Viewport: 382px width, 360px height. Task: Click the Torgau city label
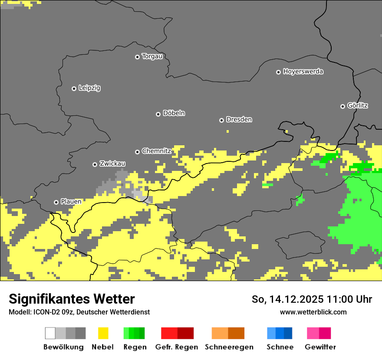152,56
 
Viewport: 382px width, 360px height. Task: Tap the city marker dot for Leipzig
74,88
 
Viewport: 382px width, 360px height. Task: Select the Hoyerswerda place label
303,72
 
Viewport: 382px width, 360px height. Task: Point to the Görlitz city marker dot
342,106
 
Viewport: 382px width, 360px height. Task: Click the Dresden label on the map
239,119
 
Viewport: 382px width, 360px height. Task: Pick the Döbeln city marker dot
158,114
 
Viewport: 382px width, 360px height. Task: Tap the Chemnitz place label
156,151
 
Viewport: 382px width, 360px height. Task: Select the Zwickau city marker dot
95,164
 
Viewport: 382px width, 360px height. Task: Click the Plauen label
71,202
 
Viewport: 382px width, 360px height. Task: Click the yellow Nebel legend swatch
103,333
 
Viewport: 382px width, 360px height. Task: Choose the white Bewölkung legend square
50,333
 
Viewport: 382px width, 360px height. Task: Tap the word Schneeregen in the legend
229,347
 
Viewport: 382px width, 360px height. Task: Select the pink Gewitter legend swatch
313,333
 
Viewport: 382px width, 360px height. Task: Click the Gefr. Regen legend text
176,347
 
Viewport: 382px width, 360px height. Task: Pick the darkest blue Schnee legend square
288,333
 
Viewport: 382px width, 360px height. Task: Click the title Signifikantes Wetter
72,299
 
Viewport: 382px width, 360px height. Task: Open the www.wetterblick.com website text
313,312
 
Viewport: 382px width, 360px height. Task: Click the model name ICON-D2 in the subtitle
43,312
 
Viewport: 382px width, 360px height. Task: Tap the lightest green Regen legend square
126,333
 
